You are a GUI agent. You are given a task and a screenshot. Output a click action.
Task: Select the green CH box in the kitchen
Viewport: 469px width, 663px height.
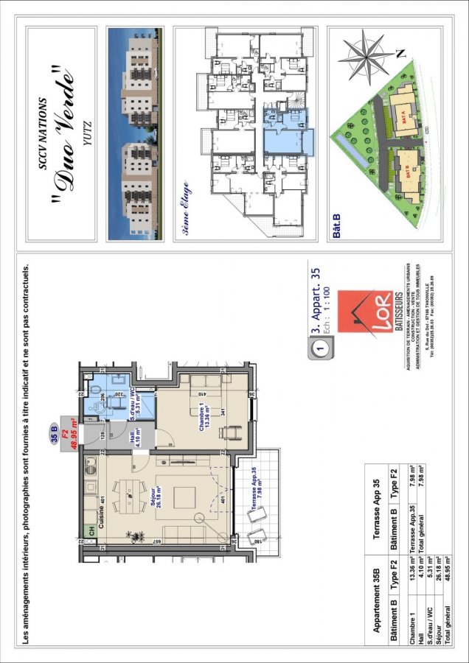(91, 530)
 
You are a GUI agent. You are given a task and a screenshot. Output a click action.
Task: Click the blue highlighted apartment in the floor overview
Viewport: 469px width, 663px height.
(288, 133)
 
